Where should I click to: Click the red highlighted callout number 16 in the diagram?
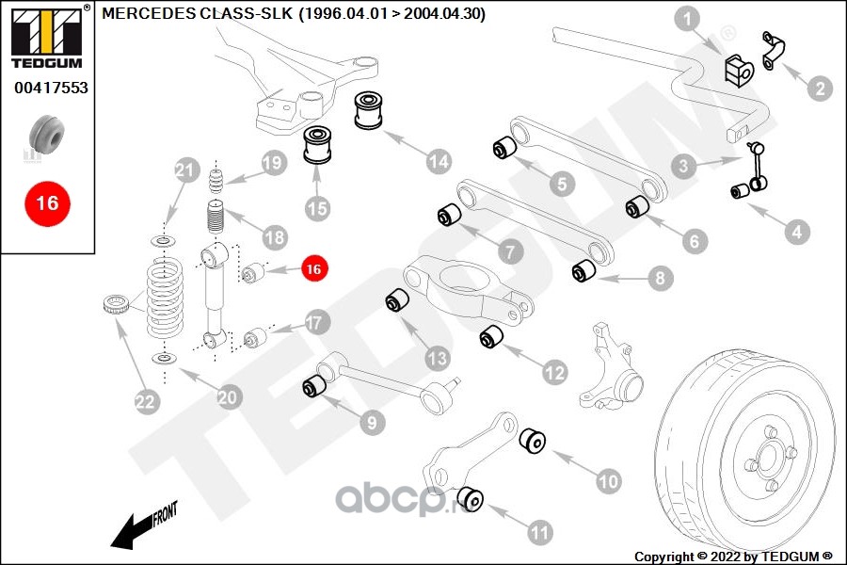coord(313,268)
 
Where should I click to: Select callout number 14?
coord(438,162)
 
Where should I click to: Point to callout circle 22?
coord(144,403)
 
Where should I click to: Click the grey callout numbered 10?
coord(609,481)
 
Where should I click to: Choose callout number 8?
coord(659,278)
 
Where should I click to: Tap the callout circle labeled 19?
coord(272,163)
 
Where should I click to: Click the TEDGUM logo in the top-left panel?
coord(47,37)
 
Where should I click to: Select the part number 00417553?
coord(51,88)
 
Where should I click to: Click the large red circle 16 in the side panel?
coord(47,202)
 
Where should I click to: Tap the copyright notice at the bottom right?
coord(734,556)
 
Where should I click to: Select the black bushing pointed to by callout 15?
coord(318,146)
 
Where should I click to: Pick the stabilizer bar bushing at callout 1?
coord(736,69)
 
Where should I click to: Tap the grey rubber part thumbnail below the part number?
coord(47,136)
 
